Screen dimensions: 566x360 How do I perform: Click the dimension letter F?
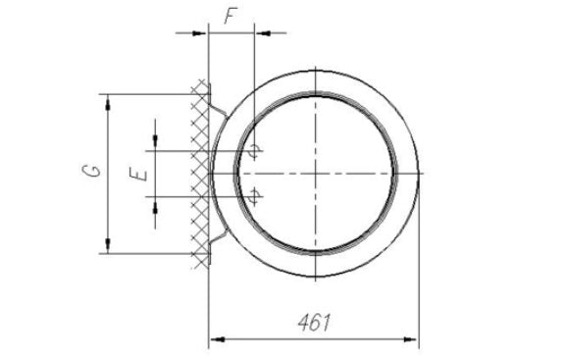coord(231,16)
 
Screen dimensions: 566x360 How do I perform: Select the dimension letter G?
coord(90,171)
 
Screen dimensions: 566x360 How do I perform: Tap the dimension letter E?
coord(138,173)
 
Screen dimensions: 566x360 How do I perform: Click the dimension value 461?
coord(315,322)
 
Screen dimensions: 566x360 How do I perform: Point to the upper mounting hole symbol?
coord(254,150)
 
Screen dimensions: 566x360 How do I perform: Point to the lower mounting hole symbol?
coord(254,196)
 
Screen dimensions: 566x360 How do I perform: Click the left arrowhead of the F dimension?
coord(199,33)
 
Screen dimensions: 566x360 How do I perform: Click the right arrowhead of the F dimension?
coord(264,33)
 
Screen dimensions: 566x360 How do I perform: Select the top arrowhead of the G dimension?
coord(108,103)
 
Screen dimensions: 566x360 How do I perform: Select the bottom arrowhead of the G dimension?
coord(108,245)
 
